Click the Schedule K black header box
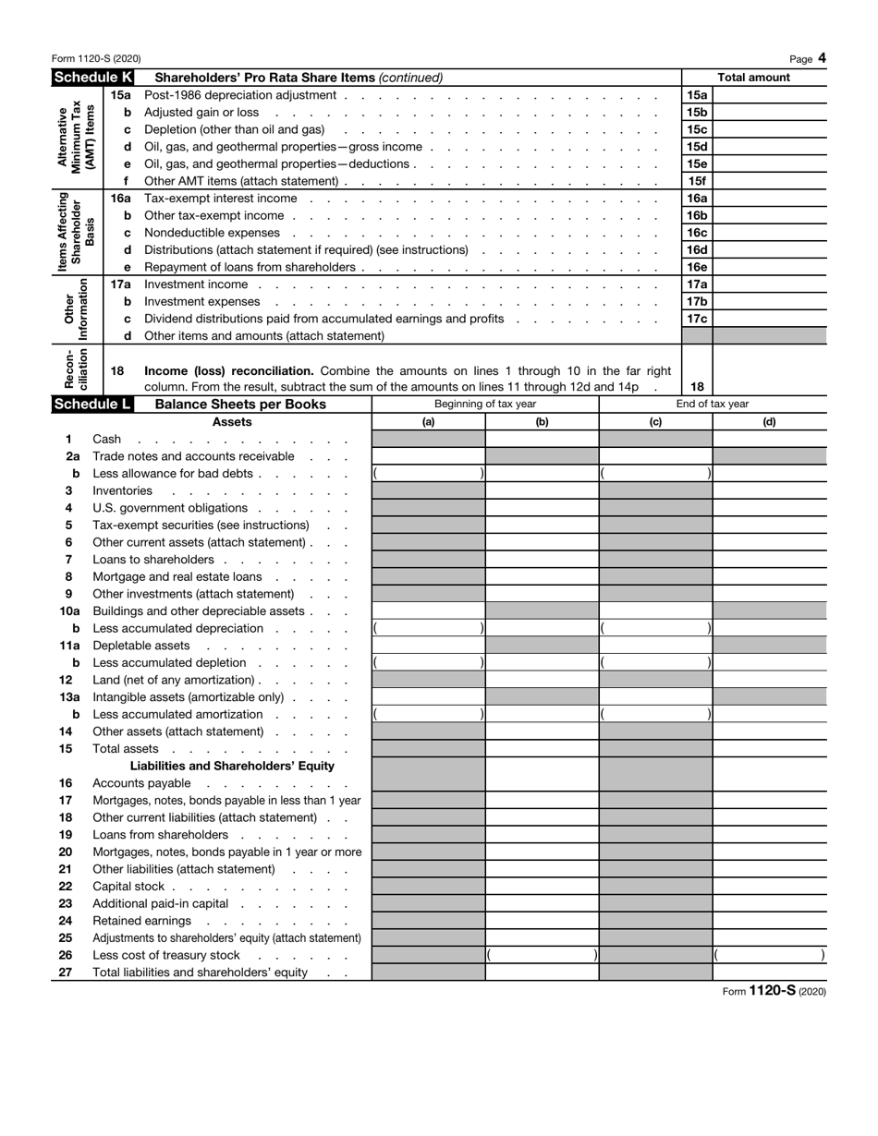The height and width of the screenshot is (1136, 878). [92, 78]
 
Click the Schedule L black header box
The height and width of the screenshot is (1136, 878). [91, 405]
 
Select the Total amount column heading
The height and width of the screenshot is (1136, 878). [754, 78]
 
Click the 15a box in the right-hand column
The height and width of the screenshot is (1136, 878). [697, 95]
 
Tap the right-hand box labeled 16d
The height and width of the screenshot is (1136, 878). [697, 250]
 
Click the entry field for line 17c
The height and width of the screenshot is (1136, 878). [769, 319]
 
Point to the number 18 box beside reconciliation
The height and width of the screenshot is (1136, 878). [697, 387]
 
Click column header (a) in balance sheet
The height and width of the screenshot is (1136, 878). [428, 422]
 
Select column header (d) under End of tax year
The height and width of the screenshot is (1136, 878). [769, 422]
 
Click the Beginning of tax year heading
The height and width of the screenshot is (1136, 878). [485, 405]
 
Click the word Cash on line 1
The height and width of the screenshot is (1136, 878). [107, 440]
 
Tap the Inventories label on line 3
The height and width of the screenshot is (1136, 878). [122, 490]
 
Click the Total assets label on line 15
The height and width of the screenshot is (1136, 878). [126, 749]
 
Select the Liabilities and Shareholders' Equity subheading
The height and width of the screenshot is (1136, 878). [232, 766]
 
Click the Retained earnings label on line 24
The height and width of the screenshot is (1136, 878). [141, 921]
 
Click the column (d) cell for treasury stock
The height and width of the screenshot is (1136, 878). [769, 955]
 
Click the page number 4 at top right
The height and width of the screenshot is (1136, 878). [822, 59]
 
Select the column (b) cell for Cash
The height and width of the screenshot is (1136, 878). [542, 440]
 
